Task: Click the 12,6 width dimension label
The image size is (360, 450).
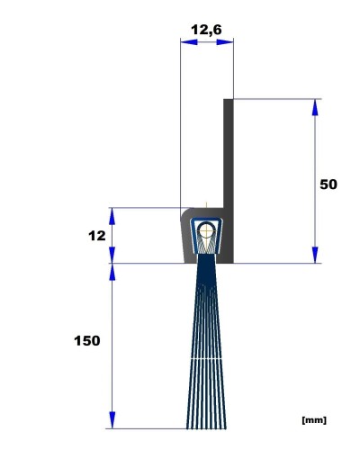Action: tap(206, 30)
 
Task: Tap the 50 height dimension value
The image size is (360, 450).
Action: tap(328, 184)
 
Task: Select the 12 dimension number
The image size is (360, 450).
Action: tap(97, 236)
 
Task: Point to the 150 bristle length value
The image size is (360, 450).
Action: tap(87, 341)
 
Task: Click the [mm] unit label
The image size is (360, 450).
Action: tap(314, 420)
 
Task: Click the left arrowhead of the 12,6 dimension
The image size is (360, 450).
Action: tap(189, 42)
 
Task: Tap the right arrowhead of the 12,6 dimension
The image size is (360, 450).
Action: tap(225, 42)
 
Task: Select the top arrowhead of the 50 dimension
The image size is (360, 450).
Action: tap(315, 107)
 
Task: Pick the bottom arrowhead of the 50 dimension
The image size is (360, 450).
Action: tap(315, 255)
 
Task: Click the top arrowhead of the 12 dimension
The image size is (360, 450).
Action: tap(112, 216)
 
